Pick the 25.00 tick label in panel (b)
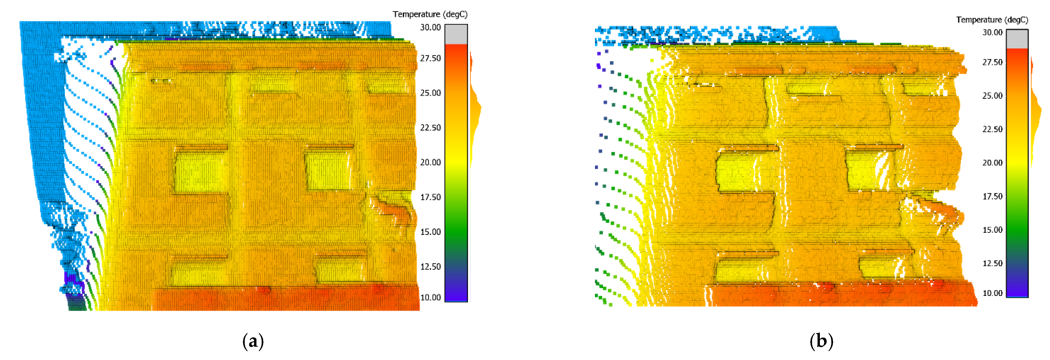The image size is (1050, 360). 992,96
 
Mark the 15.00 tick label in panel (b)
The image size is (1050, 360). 992,230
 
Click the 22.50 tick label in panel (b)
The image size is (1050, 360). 992,129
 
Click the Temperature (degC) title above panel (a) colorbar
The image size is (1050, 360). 430,14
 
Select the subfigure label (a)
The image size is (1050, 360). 253,341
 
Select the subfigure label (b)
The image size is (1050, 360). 821,341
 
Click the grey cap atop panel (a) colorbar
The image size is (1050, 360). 456,34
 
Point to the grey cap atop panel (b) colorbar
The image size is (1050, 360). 1017,39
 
